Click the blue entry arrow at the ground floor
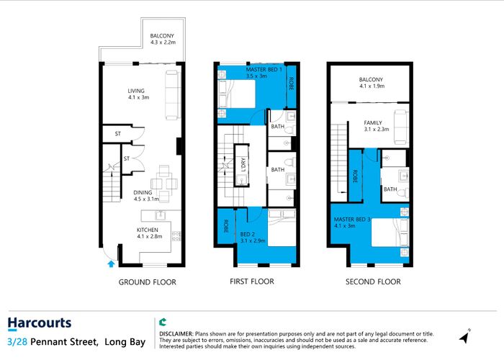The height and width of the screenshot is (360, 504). [109, 264]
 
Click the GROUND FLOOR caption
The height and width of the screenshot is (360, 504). [147, 282]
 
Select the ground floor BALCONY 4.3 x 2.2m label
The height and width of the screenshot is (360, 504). [162, 40]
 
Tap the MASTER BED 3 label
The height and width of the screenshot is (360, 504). [351, 222]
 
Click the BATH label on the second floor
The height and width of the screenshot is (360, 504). [390, 189]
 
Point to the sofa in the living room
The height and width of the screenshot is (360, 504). [172, 96]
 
